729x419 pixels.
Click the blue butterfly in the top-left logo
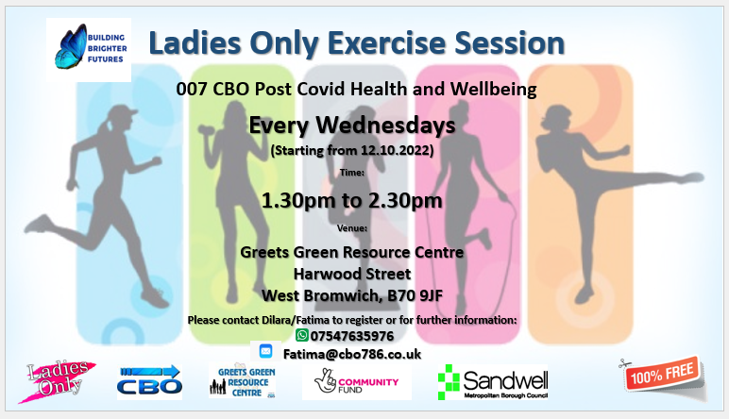tap(71, 46)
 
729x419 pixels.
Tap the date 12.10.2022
tap(395, 150)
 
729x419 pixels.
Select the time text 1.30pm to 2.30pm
tap(352, 201)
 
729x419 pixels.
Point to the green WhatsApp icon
tap(302, 335)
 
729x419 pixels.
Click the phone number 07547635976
tap(352, 336)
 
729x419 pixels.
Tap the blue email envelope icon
tap(265, 351)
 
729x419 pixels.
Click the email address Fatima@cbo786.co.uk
tap(352, 355)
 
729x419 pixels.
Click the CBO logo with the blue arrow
tap(149, 380)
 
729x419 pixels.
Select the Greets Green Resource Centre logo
tap(243, 381)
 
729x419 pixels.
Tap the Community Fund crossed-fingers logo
tap(356, 382)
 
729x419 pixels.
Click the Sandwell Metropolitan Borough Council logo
tap(493, 382)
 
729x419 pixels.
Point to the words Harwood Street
tap(352, 274)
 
